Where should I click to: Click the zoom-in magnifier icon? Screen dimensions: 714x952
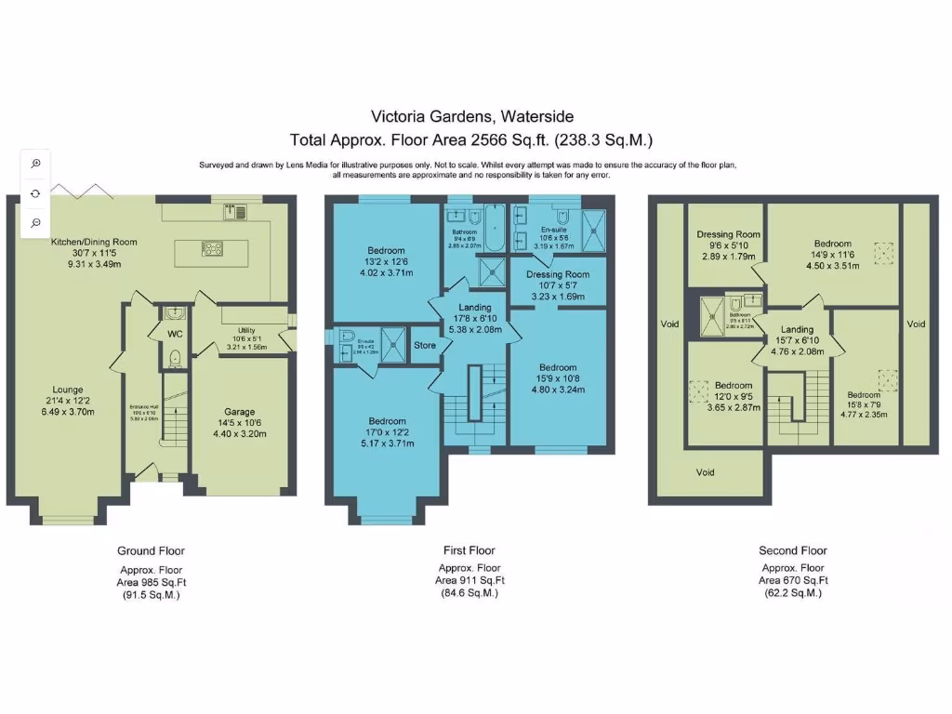pos(35,164)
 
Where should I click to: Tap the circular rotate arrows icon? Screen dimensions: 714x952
pos(35,193)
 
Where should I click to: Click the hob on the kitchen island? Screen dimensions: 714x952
pos(212,248)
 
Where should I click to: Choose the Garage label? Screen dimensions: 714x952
pos(239,412)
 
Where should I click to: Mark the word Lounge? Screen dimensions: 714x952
pos(68,390)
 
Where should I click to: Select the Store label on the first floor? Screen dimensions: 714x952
pos(424,345)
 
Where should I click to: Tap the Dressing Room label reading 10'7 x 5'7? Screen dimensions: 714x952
pos(557,274)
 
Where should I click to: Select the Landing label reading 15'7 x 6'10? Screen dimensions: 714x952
pos(797,329)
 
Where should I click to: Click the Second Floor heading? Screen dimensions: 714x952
pos(792,550)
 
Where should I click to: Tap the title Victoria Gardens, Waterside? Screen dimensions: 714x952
pos(472,116)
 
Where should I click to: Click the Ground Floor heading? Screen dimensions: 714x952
pos(150,550)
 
